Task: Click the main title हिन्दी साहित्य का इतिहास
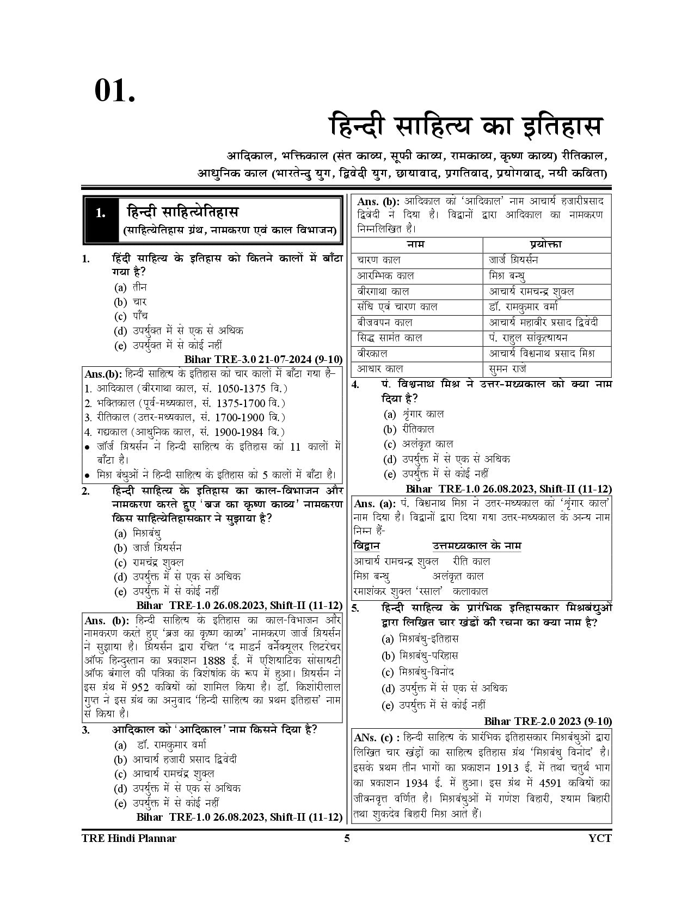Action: (466, 126)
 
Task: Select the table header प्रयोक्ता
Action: (545, 244)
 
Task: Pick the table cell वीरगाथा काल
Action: (383, 291)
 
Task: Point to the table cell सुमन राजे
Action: (508, 368)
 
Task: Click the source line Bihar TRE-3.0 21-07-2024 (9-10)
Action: (263, 359)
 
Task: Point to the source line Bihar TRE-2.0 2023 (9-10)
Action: (548, 721)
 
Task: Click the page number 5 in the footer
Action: (347, 838)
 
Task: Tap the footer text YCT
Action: (600, 838)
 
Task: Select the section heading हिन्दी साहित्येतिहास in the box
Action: (183, 212)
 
